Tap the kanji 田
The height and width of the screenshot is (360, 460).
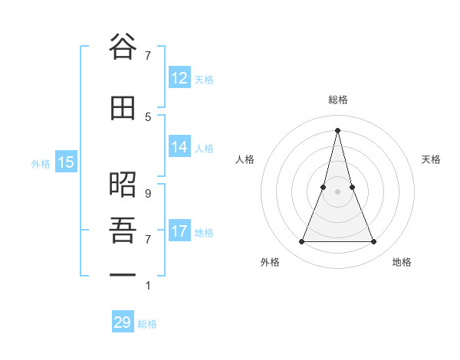[123, 108]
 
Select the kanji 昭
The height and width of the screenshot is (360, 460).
[123, 185]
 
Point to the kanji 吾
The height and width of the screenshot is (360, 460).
[123, 228]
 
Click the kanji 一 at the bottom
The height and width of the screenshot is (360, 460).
[123, 273]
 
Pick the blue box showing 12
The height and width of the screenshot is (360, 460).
[179, 78]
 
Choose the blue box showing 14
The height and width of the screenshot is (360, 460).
[179, 148]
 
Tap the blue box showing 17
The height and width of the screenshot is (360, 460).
[179, 231]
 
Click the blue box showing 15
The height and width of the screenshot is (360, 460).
[65, 162]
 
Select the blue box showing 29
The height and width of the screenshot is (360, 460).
[123, 322]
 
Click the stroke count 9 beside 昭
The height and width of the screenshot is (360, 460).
[148, 194]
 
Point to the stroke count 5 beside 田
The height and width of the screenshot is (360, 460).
[148, 116]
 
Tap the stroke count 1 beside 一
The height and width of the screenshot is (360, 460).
[148, 286]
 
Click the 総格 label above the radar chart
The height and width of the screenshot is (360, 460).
[337, 100]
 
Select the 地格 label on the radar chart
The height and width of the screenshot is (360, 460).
[402, 262]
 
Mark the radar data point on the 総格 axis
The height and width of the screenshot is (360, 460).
[337, 129]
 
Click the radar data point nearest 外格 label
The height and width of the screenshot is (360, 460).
[301, 242]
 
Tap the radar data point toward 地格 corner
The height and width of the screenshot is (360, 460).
[374, 242]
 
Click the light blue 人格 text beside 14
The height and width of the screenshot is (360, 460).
[204, 149]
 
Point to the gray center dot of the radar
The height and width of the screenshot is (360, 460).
[337, 191]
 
